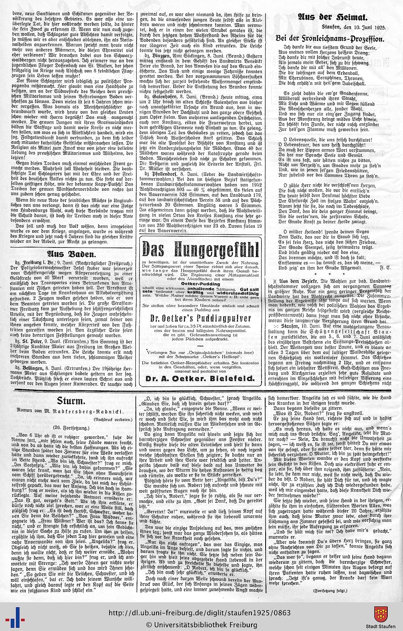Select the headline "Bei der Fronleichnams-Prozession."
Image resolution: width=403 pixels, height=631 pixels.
tap(329, 38)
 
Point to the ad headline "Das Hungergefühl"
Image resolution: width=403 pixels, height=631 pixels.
tap(199, 250)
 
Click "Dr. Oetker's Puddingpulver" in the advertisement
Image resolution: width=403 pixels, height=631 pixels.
tap(199, 318)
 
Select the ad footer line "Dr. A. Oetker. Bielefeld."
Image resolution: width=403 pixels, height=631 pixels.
tap(199, 378)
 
